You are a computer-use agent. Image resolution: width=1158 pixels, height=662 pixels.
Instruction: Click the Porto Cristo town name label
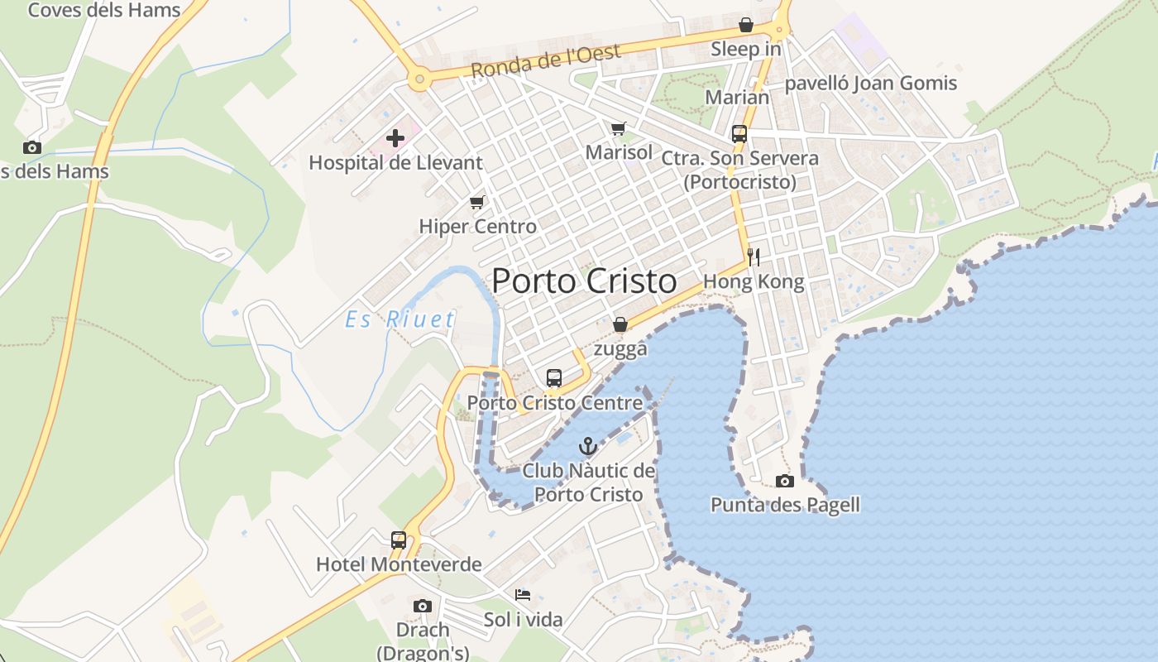click(584, 281)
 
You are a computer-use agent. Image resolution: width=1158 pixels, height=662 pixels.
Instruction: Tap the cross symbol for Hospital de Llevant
click(395, 138)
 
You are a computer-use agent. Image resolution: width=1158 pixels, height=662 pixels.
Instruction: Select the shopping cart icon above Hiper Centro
click(477, 202)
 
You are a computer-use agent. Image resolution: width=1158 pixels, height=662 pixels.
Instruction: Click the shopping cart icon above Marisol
click(619, 128)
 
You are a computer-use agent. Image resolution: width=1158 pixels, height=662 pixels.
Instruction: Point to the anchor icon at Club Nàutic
click(587, 447)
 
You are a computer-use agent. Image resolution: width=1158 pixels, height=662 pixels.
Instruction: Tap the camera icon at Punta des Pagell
click(785, 481)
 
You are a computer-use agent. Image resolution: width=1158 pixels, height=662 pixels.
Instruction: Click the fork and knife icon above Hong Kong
click(753, 257)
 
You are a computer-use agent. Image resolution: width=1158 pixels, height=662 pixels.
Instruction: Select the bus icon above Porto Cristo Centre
click(554, 378)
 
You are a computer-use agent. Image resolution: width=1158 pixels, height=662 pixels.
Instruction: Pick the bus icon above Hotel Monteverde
click(399, 540)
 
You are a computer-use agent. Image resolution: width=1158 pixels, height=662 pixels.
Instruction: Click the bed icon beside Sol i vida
click(523, 595)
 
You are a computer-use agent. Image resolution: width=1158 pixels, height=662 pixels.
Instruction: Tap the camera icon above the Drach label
click(423, 607)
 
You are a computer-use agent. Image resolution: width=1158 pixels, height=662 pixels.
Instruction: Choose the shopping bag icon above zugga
click(620, 324)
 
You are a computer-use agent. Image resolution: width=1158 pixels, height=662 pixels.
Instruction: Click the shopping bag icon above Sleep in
click(746, 25)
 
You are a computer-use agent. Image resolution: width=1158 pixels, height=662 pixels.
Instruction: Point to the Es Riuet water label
click(400, 319)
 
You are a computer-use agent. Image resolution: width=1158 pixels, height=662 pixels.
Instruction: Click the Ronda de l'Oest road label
click(546, 61)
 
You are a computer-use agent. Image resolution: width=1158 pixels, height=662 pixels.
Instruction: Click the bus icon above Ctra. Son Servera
click(739, 134)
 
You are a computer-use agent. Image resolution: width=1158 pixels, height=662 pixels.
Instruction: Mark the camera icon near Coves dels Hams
click(32, 148)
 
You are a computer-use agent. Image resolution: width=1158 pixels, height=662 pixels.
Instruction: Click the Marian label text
click(737, 97)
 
